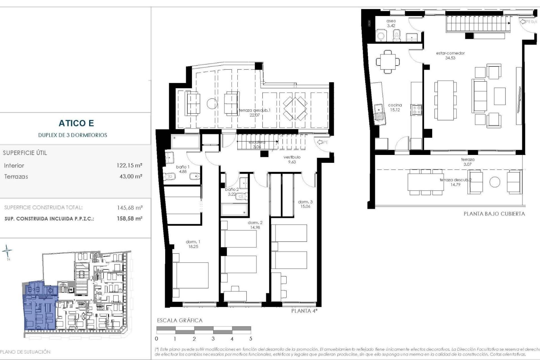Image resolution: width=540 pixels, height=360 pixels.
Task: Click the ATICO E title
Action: (76, 123)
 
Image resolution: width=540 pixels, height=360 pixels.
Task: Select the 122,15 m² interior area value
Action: (129, 165)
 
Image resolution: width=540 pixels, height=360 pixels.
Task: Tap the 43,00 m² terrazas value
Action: (131, 177)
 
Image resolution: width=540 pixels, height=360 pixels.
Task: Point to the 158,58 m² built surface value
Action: (130, 219)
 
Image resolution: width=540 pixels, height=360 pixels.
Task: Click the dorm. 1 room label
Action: (193, 244)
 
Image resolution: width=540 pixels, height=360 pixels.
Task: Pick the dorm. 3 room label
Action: (305, 204)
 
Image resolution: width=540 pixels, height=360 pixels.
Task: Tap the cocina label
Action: (395, 107)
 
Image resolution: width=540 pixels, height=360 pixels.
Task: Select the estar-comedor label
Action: (450, 55)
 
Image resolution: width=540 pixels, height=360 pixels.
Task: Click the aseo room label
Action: (391, 23)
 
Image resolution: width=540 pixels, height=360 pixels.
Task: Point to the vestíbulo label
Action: (292, 159)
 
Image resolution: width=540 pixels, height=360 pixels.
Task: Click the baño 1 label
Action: (183, 169)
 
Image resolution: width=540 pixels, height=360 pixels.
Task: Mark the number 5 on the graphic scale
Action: (251, 339)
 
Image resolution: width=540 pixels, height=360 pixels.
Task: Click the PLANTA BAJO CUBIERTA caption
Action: (494, 214)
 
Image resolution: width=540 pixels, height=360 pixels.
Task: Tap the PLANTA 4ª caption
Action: (304, 311)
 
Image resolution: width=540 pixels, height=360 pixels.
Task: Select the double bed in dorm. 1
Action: (191, 276)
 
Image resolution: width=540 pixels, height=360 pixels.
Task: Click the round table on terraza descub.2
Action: (495, 182)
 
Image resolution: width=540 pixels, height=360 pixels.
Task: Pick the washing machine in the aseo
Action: (381, 36)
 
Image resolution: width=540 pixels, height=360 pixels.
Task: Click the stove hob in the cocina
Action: (417, 110)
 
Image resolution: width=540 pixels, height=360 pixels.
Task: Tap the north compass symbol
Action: (7, 251)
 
